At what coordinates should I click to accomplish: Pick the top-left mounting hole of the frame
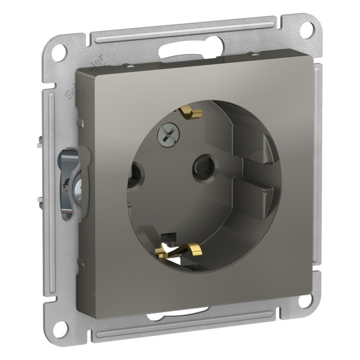[60, 53]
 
